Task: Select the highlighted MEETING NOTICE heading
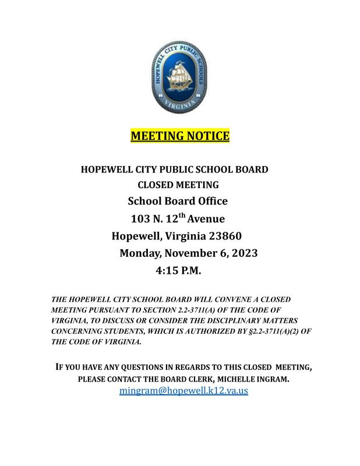(179, 136)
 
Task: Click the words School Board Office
(178, 202)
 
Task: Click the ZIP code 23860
(223, 236)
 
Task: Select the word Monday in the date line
(140, 254)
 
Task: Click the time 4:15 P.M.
(178, 271)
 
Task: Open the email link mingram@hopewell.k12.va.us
(183, 391)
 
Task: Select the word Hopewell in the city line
(137, 236)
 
